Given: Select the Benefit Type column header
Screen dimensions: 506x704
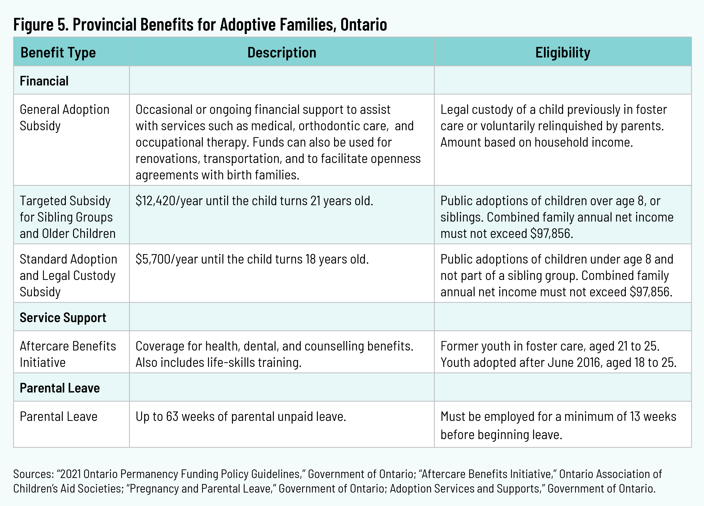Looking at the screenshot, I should (58, 52).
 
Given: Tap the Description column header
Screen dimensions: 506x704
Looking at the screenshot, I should (281, 52).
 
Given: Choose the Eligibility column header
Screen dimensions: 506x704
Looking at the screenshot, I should (563, 52).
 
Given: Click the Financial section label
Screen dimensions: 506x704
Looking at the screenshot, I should (44, 81).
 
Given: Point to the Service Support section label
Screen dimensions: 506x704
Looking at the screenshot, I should (63, 318).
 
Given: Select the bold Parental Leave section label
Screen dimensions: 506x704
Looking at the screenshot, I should (60, 388).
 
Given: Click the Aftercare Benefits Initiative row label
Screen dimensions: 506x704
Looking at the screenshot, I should (68, 354).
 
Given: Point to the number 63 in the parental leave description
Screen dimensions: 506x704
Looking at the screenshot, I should (172, 417).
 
